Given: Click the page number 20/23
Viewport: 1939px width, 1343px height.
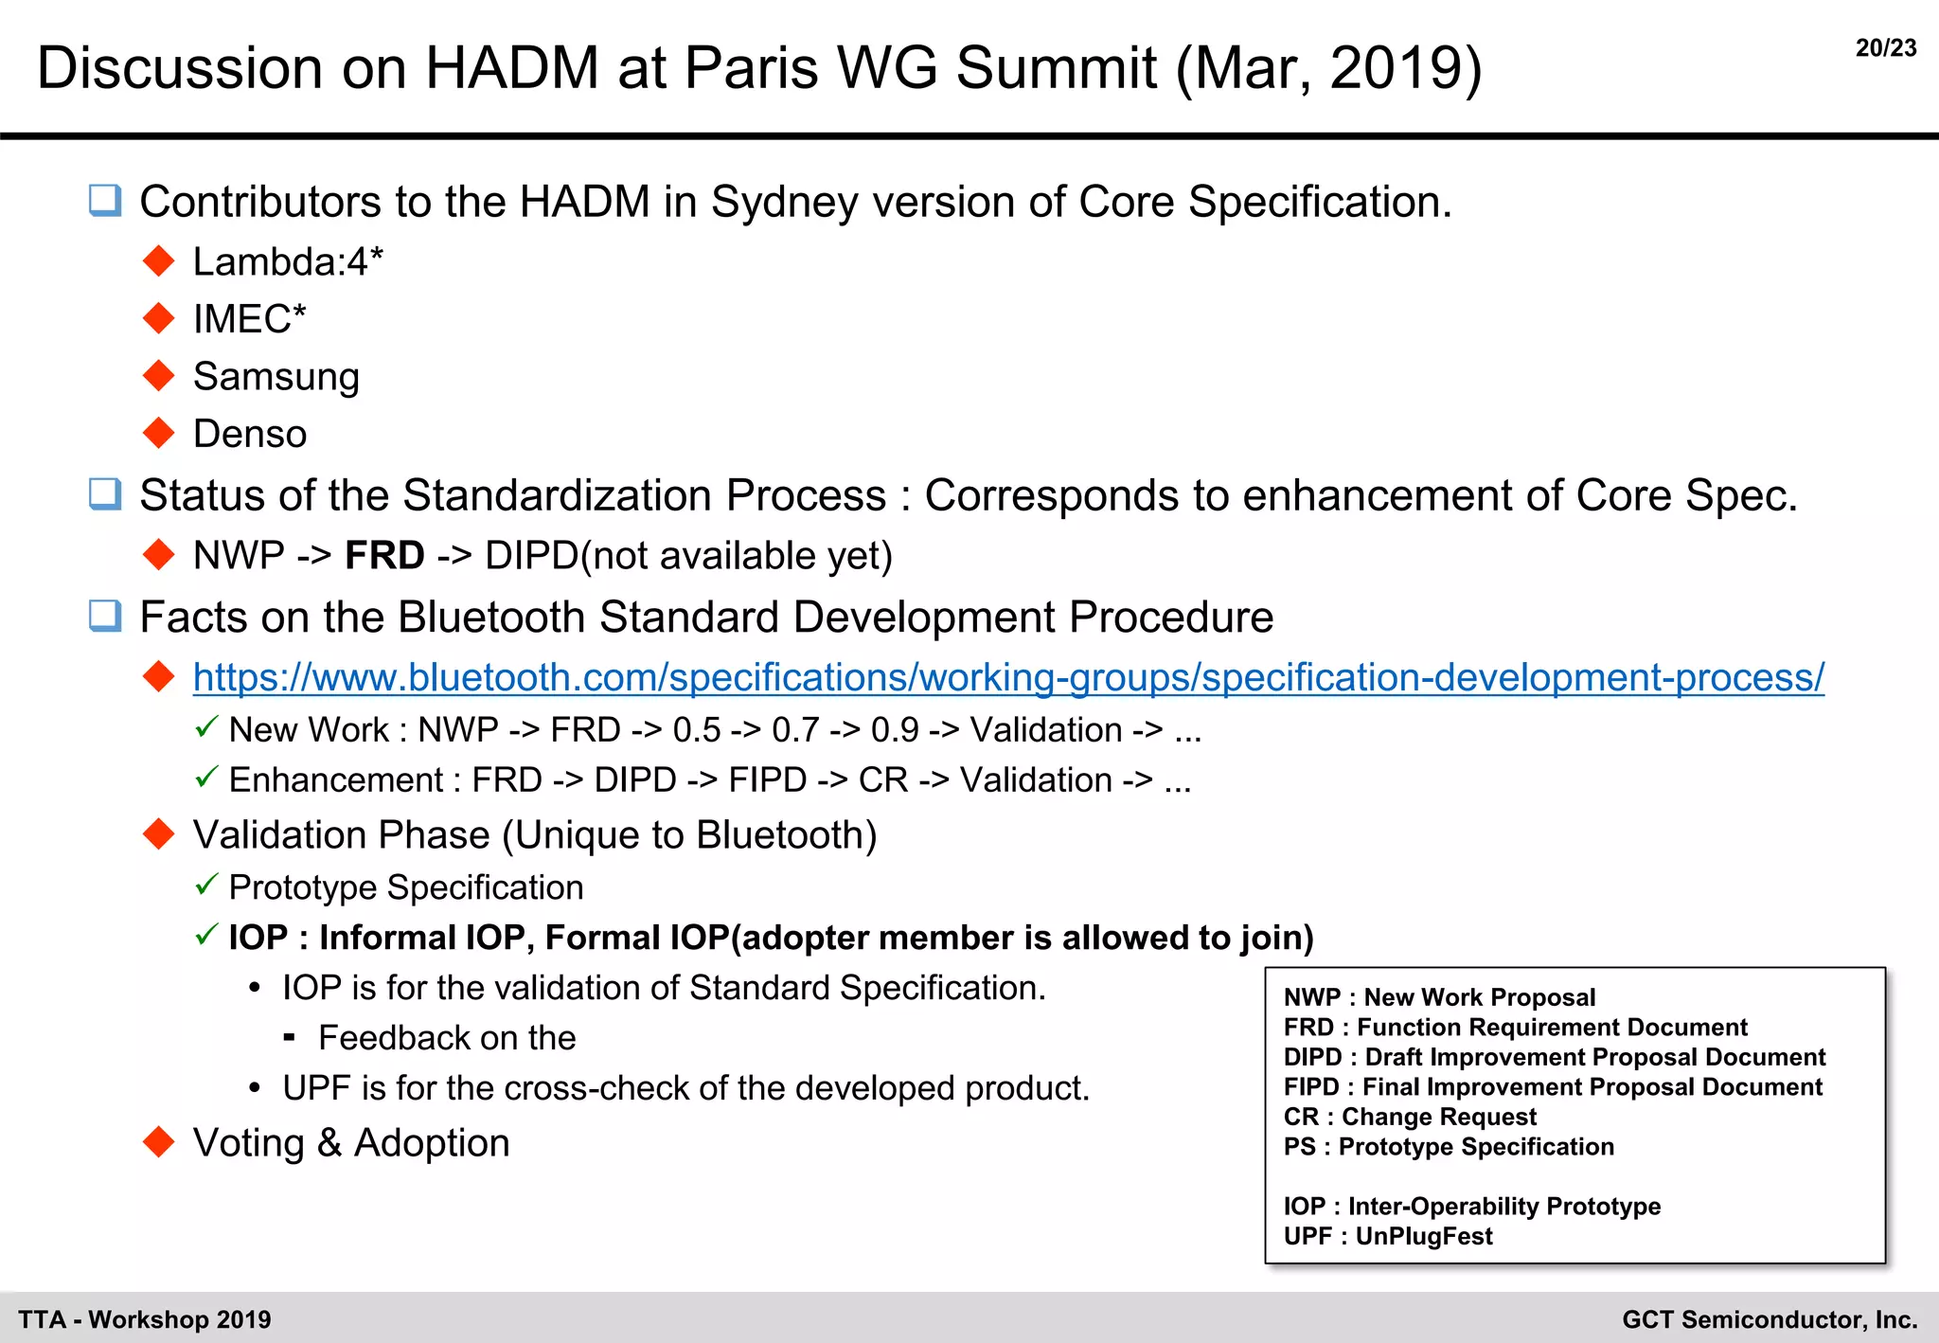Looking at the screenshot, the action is (1885, 47).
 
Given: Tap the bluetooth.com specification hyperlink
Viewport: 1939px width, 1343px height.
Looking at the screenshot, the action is (1007, 677).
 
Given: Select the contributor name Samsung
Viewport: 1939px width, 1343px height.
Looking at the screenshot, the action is (276, 377).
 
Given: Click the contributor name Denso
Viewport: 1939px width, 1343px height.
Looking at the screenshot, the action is (250, 434).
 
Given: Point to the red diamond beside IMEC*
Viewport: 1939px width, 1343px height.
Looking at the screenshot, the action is (158, 318).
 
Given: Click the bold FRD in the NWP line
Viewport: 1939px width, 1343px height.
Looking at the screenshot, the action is (384, 555).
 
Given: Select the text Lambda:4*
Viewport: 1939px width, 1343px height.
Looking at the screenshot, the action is (288, 261).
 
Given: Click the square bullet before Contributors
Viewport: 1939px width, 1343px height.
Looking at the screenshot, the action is (105, 201).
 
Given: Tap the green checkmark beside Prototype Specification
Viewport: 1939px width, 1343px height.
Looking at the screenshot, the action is (206, 885).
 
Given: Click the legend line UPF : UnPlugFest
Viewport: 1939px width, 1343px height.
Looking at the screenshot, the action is (1387, 1236).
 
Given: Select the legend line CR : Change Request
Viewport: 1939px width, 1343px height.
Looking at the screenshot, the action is (1409, 1117).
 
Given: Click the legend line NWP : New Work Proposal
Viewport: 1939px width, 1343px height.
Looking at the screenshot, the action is (1438, 997).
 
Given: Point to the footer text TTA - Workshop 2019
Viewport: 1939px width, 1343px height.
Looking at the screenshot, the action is (145, 1319).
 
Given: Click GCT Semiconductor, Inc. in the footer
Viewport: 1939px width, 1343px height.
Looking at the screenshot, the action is (1769, 1319).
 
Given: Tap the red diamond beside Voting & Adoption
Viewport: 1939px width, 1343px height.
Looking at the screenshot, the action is (158, 1141).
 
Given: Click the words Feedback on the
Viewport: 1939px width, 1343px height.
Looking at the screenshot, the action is (447, 1038).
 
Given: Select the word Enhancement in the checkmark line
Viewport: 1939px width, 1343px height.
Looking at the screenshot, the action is (336, 780).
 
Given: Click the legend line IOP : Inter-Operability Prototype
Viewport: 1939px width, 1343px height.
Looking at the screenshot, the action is (1471, 1206).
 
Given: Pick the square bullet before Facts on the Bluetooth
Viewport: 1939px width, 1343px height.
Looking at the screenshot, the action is (105, 617).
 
